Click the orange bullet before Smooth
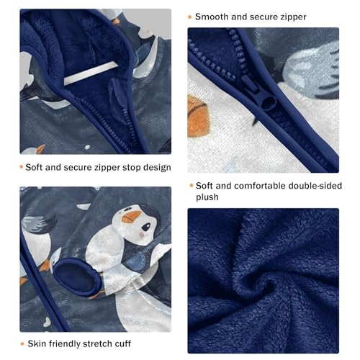pyautogui.click(x=190, y=17)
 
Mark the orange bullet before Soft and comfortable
pyautogui.click(x=190, y=185)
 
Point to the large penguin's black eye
pyautogui.click(x=141, y=225)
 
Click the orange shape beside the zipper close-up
pyautogui.click(x=204, y=107)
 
